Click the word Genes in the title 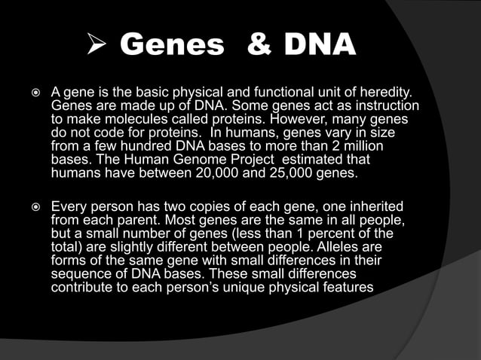173,46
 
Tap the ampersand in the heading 260,46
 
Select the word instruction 385,106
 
